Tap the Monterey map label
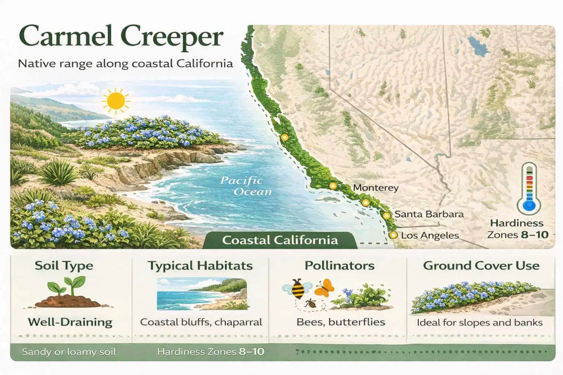[x=375, y=188]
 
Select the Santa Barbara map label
[x=429, y=214]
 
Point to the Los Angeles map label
[x=430, y=235]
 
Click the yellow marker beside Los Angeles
[x=393, y=235]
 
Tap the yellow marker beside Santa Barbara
[x=386, y=215]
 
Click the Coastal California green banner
[x=280, y=240]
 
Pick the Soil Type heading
[x=64, y=266]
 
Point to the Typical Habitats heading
[x=200, y=266]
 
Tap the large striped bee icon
[x=297, y=288]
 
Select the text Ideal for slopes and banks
[x=479, y=323]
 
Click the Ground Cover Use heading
[x=481, y=266]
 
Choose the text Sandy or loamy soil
[x=69, y=352]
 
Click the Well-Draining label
[x=70, y=322]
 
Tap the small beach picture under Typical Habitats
[x=202, y=294]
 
